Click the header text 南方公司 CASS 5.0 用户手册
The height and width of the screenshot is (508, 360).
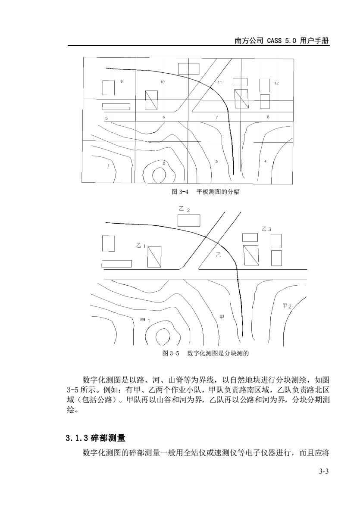pyautogui.click(x=282, y=41)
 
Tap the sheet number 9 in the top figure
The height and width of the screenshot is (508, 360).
pyautogui.click(x=122, y=81)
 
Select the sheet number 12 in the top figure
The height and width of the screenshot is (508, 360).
pyautogui.click(x=276, y=83)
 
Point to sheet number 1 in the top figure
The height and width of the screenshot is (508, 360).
pyautogui.click(x=108, y=166)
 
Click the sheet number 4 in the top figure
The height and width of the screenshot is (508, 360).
pyautogui.click(x=266, y=161)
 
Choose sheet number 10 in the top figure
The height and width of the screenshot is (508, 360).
pyautogui.click(x=163, y=82)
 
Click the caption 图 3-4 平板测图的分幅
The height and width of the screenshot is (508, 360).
pyautogui.click(x=205, y=192)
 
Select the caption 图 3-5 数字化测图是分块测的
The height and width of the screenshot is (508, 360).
pyautogui.click(x=205, y=353)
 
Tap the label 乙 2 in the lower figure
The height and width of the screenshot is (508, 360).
pyautogui.click(x=185, y=209)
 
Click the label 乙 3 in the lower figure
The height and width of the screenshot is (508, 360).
pyautogui.click(x=266, y=229)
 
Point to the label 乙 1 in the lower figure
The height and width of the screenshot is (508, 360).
pyautogui.click(x=141, y=246)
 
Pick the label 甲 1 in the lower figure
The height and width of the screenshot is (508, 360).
pyautogui.click(x=145, y=321)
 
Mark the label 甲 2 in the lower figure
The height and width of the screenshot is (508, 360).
pyautogui.click(x=287, y=306)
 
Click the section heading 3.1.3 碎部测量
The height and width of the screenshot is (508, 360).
pyautogui.click(x=95, y=438)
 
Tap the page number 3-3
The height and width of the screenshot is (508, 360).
pyautogui.click(x=324, y=471)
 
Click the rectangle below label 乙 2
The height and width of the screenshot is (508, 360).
pyautogui.click(x=188, y=220)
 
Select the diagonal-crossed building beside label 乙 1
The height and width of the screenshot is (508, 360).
pyautogui.click(x=155, y=257)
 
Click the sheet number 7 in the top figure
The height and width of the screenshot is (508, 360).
pyautogui.click(x=217, y=117)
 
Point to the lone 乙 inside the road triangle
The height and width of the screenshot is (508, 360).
pyautogui.click(x=219, y=255)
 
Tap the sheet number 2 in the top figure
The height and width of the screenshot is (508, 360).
pyautogui.click(x=164, y=163)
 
